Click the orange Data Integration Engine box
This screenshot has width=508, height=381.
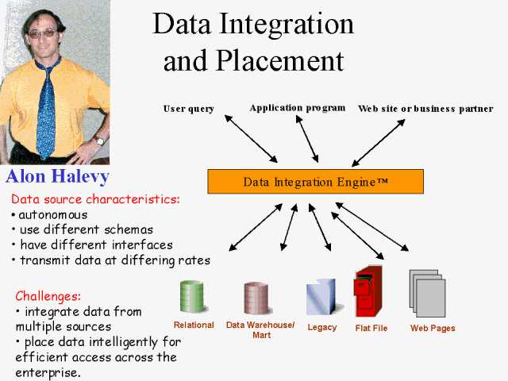[x=315, y=182]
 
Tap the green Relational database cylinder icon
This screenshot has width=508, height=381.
[x=193, y=296]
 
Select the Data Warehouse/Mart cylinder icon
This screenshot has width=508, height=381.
[x=256, y=298]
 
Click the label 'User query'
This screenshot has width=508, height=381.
[x=189, y=109]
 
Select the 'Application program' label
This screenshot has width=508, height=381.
[x=298, y=107]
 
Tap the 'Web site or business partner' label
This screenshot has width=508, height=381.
[x=425, y=109]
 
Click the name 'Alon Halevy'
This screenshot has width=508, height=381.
[x=57, y=176]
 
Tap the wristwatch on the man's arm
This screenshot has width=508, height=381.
[x=98, y=140]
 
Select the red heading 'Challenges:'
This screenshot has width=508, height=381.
[x=48, y=296]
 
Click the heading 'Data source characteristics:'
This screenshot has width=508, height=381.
[x=95, y=198]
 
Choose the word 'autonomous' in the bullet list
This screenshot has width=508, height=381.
[x=53, y=214]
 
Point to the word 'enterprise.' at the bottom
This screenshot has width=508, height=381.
[x=48, y=372]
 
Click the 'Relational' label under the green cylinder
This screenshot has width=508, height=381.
[x=194, y=325]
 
